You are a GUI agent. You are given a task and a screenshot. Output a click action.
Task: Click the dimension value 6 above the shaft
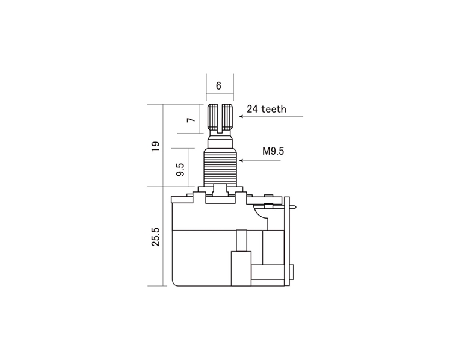point(219,86)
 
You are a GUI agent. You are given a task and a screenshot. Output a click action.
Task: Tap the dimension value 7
point(191,119)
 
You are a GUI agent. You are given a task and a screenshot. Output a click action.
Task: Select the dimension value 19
point(156,146)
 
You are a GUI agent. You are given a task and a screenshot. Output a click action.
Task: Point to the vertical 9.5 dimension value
point(180,170)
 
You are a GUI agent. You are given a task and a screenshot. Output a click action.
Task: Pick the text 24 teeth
point(267,109)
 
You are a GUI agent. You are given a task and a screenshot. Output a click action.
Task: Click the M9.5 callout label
point(273,151)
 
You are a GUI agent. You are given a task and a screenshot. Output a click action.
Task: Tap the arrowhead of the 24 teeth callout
point(241,116)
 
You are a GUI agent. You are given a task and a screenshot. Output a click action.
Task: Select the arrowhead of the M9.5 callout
point(241,160)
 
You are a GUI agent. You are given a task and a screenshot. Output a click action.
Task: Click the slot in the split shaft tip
point(220,118)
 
